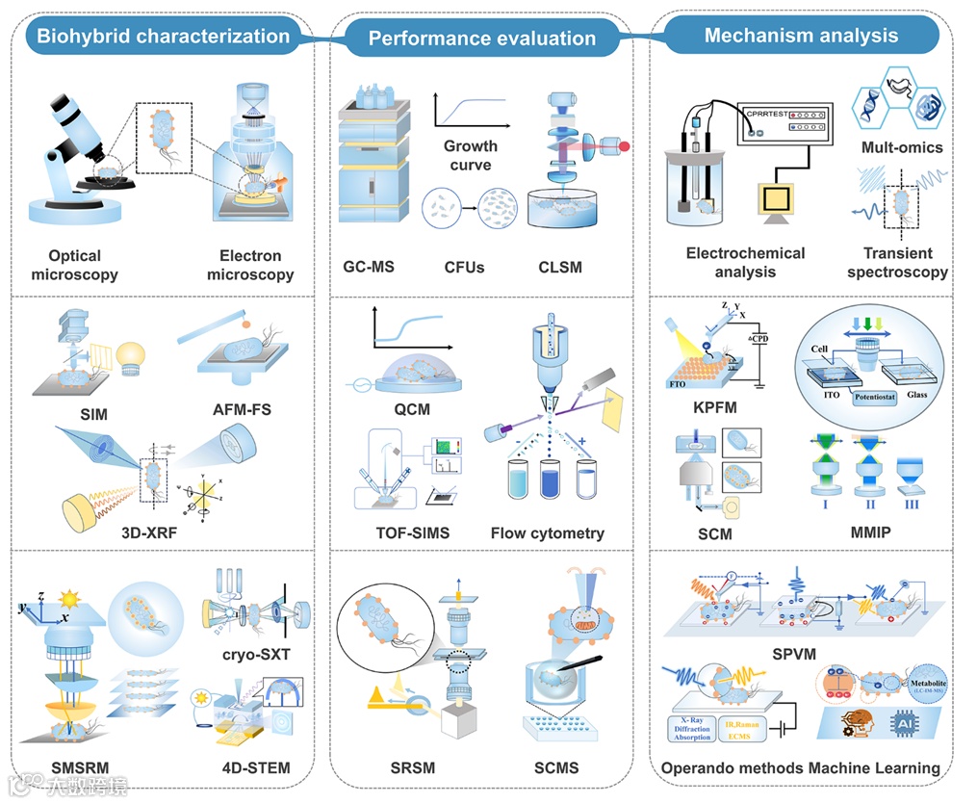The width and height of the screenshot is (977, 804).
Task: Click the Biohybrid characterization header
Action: point(163,37)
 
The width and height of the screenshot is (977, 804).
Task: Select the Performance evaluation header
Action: point(481,39)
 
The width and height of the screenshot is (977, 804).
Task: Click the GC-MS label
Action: point(369,267)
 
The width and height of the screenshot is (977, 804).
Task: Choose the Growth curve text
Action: point(471,155)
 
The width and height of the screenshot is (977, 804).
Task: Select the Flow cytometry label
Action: point(547,532)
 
